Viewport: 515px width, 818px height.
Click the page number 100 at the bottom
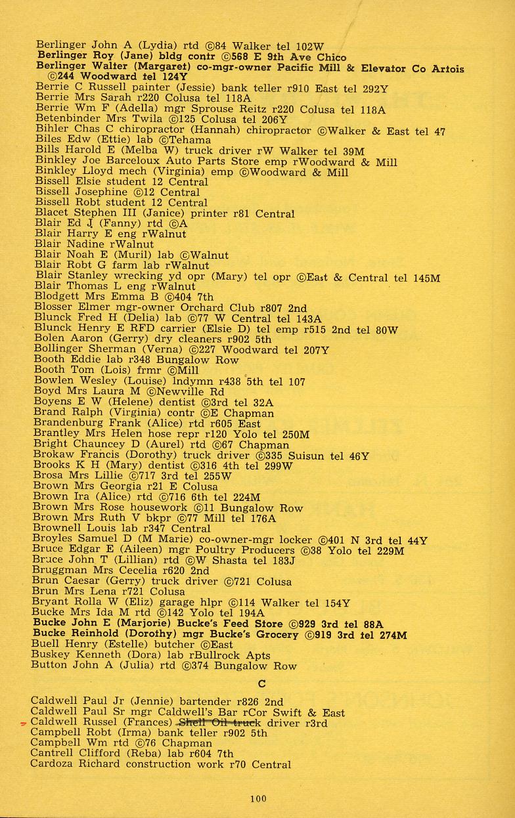point(258,798)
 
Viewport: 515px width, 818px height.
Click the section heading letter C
point(261,684)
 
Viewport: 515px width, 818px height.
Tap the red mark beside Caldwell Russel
point(24,723)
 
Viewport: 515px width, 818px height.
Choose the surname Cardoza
point(52,764)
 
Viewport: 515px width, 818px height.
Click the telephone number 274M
point(392,635)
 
